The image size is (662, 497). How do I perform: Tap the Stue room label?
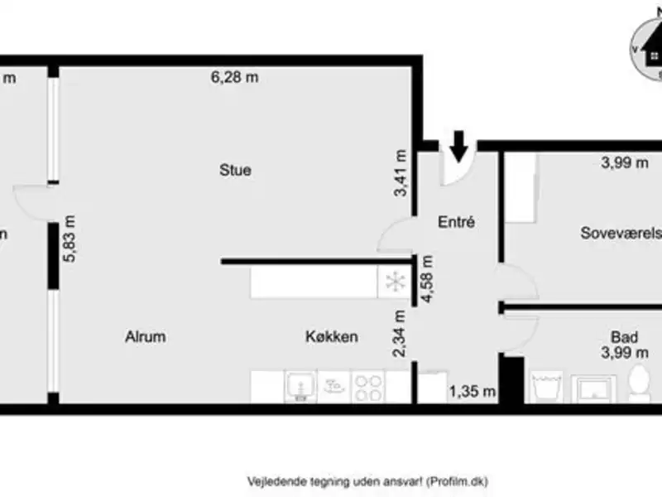click(235, 171)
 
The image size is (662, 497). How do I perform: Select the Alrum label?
click(146, 336)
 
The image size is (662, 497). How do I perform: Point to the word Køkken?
click(331, 336)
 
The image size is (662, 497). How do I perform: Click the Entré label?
click(455, 222)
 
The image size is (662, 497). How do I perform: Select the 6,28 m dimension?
click(234, 78)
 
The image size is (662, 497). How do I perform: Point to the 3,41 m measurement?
click(401, 172)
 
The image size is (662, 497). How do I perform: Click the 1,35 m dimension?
click(472, 391)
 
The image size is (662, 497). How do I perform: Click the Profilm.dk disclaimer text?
click(372, 480)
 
